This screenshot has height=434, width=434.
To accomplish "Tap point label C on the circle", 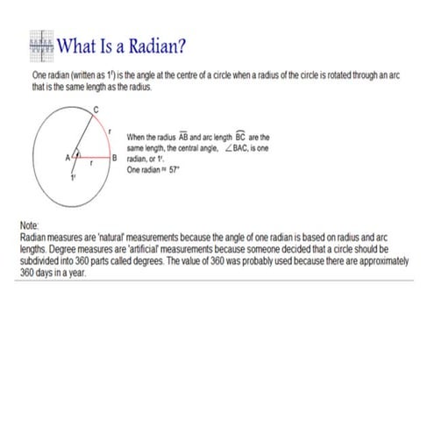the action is (96, 108).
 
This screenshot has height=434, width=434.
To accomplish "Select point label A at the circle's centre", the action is (68, 158).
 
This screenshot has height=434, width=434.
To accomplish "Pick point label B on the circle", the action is (115, 158).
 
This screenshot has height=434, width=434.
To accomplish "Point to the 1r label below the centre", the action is (75, 178).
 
